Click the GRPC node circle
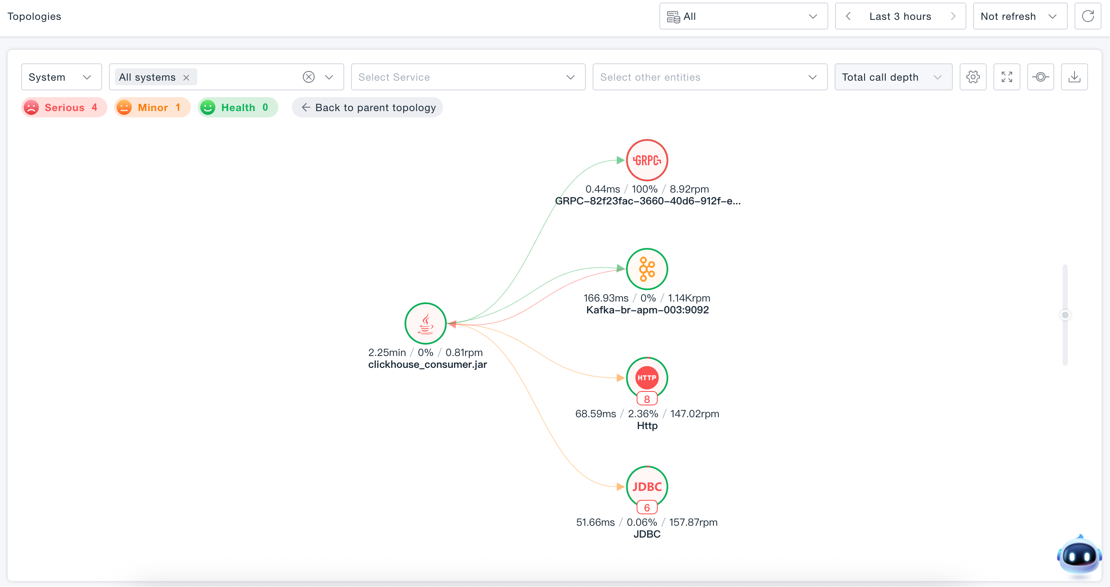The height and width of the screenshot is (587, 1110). pos(647,160)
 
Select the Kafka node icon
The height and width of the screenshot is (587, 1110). pos(647,269)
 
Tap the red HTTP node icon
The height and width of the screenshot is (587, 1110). pos(647,378)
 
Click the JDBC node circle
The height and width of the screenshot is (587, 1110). pos(647,486)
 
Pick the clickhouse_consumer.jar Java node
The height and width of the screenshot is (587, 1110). pos(425,323)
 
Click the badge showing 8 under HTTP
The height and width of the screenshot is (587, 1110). pos(647,399)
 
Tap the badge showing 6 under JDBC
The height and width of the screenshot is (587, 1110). pos(647,508)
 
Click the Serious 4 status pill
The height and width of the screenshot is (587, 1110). pos(64,107)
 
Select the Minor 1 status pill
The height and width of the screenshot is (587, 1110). pos(152,107)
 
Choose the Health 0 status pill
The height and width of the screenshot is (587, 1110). pos(238,107)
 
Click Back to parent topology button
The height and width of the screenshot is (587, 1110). pos(367,107)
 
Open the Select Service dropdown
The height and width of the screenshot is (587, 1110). pos(468,77)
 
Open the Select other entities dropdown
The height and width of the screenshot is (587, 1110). pos(710,77)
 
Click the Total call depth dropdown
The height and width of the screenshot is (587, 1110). pos(893,77)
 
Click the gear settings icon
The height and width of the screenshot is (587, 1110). pos(973,77)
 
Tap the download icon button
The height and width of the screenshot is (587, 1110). pos(1074,77)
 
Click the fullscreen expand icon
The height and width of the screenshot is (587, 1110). pos(1007,77)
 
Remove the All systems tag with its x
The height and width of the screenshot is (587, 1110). pos(186,78)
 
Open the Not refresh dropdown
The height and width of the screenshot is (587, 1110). pos(1020,16)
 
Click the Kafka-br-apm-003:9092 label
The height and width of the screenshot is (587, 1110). pos(647,310)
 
